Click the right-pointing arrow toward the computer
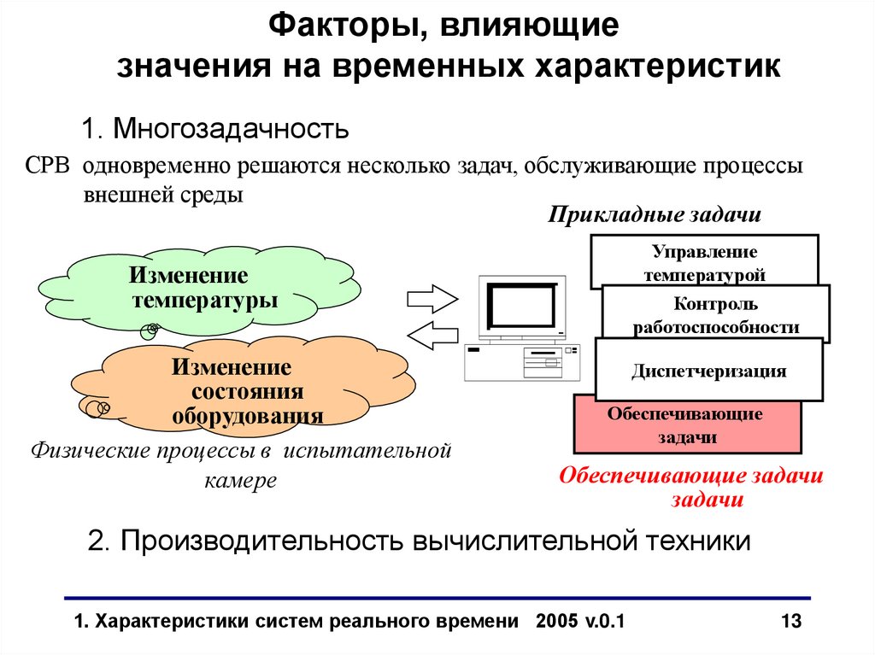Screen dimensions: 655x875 coord(432,299)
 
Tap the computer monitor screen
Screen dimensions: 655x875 coord(520,306)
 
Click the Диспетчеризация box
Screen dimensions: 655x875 coord(708,371)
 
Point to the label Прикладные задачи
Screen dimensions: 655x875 coord(655,214)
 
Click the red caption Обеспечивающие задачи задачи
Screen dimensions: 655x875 coord(691,488)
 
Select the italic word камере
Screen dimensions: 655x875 coord(241,480)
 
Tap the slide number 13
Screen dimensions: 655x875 coord(791,621)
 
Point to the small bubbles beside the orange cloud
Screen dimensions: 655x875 coord(97,409)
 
